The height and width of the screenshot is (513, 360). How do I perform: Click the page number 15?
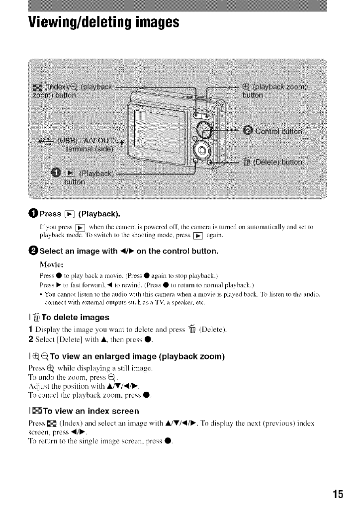[338, 494]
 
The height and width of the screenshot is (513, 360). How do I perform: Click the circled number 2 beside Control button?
[249, 131]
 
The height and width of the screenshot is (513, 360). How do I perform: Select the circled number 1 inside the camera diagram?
[56, 173]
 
